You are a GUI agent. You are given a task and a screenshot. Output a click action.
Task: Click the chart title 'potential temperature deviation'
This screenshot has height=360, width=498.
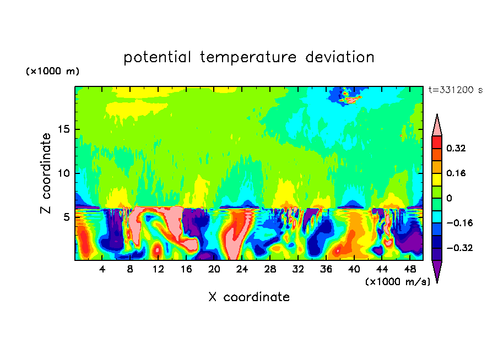click(x=249, y=57)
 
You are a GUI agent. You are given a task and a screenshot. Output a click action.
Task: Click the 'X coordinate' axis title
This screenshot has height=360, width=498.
click(x=249, y=297)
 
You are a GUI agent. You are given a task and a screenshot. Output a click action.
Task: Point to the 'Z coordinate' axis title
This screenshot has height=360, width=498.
click(x=46, y=173)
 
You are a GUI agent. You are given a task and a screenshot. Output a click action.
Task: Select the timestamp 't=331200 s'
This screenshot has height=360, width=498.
click(x=455, y=90)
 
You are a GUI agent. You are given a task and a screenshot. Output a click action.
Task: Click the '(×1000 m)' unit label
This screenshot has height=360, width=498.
click(x=52, y=72)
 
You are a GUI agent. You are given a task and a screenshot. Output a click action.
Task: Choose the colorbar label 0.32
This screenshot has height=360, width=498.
click(x=457, y=148)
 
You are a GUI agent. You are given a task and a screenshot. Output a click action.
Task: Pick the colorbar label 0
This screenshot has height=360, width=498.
click(x=449, y=198)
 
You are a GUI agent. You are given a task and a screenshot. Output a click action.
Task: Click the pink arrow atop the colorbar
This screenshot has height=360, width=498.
click(x=437, y=126)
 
